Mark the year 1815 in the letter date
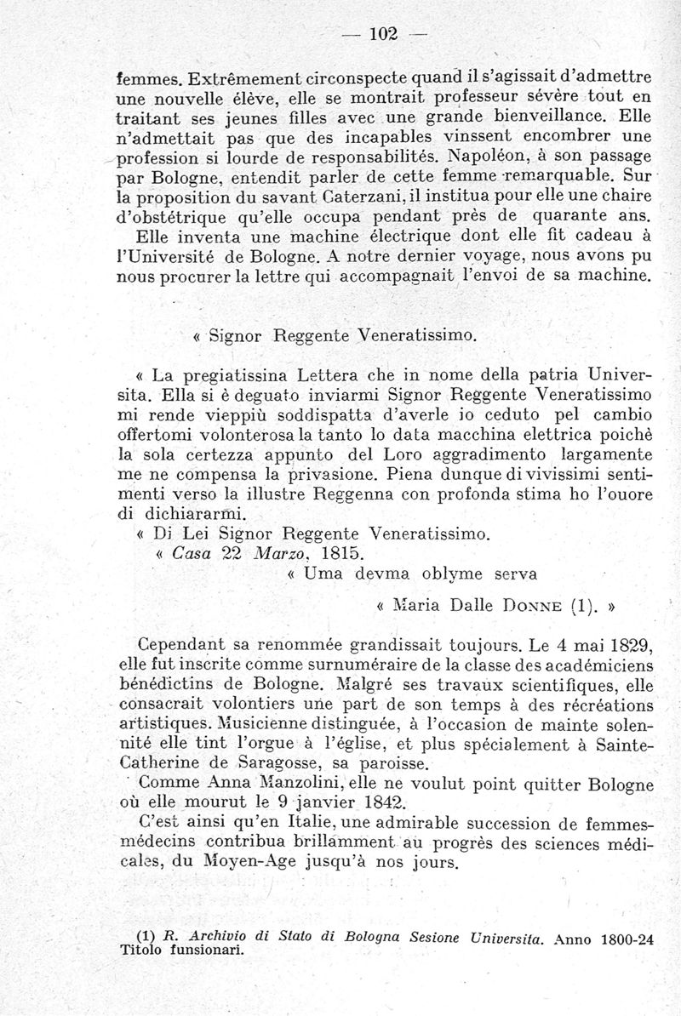pos(268,553)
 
